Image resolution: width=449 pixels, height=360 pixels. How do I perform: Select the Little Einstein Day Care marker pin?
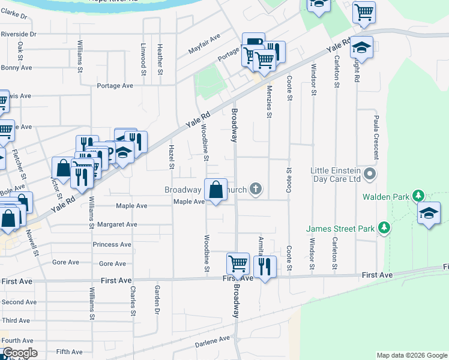point(370,175)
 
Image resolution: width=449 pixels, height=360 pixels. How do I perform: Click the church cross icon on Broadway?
point(256,190)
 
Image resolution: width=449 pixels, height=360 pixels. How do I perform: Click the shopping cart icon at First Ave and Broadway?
point(238,263)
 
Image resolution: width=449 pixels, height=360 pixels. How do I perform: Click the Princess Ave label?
point(112,245)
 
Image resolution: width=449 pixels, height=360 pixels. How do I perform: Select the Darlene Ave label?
point(212,339)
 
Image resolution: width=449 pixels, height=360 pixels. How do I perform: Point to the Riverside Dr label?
point(19,35)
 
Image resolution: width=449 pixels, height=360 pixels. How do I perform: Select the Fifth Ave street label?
point(69,352)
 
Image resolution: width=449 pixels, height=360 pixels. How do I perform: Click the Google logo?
point(20,353)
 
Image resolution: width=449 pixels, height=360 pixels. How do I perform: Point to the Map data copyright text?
point(411,355)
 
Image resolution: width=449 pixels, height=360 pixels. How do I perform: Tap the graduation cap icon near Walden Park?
point(429,214)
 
